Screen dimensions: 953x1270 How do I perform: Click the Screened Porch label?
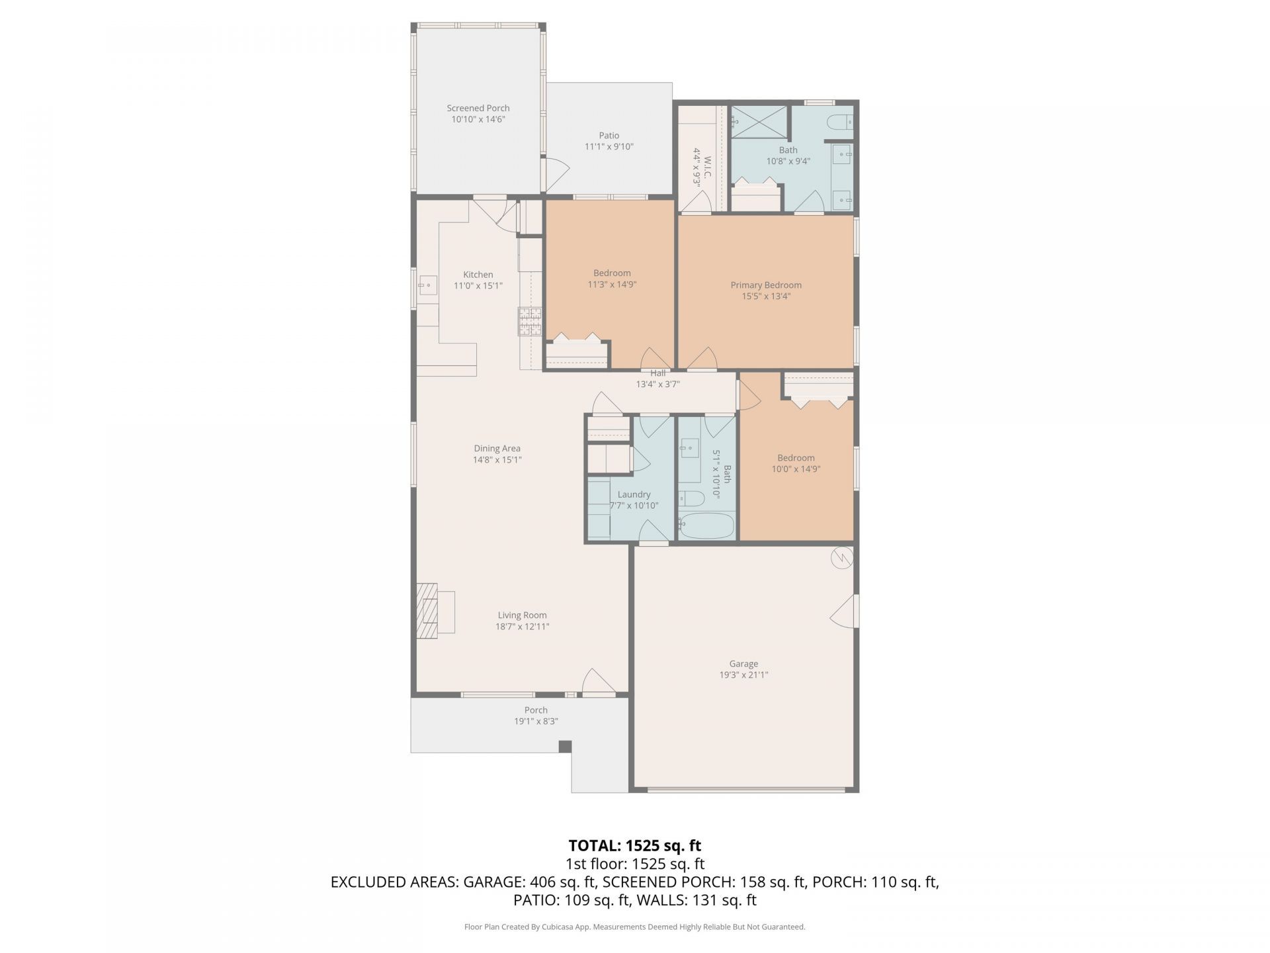[478, 108]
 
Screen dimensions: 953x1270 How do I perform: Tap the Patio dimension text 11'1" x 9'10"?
[609, 147]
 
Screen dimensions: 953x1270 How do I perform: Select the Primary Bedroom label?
[765, 285]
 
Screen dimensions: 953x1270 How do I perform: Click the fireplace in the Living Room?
[428, 611]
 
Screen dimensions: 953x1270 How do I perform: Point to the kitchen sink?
[427, 286]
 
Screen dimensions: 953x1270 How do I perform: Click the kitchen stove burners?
[530, 322]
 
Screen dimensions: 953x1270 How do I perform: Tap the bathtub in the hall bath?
[706, 527]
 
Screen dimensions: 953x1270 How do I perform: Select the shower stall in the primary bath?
[759, 121]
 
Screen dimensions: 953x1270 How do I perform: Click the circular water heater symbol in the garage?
[842, 559]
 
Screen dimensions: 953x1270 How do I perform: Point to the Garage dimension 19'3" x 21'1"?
[743, 675]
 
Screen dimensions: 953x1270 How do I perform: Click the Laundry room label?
[634, 494]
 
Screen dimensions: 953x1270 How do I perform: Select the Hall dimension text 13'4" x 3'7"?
[657, 384]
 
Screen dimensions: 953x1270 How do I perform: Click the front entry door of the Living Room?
[598, 685]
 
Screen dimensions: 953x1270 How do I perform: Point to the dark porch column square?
[564, 747]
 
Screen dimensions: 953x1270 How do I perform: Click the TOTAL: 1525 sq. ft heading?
[634, 845]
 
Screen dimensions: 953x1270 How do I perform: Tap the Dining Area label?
[497, 448]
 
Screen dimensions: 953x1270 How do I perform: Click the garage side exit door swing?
[845, 611]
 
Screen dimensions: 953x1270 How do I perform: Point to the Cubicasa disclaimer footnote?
[634, 927]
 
